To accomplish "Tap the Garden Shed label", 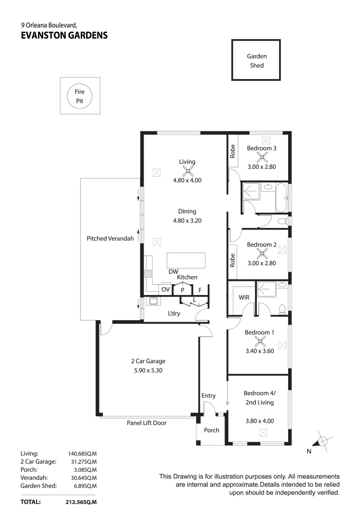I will point(256,60).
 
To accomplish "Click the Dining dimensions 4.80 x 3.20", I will point(187,220).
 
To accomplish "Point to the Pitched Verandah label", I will point(110,238).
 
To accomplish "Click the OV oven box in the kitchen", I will point(165,289).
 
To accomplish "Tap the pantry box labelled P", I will point(182,289).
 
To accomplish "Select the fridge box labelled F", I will point(200,289).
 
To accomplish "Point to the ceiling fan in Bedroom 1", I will point(260,341).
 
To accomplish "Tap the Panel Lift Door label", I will point(146,423).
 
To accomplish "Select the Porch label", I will point(212,430).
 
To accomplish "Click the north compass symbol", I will point(322,441).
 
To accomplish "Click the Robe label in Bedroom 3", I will point(233,151).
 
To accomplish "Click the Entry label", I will point(208,395).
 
